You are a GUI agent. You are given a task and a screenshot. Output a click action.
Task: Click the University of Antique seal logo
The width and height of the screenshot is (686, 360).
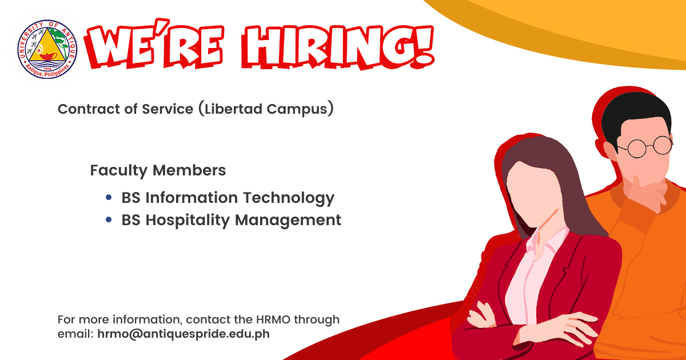(x=47, y=49)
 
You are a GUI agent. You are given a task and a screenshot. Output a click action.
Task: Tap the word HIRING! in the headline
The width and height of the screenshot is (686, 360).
(x=338, y=47)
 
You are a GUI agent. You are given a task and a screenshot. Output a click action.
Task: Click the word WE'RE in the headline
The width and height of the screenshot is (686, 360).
(x=154, y=44)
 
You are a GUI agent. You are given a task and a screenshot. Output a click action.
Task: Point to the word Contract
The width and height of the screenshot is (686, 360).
(x=87, y=109)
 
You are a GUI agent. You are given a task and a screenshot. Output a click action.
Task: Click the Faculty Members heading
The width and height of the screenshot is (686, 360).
(x=158, y=170)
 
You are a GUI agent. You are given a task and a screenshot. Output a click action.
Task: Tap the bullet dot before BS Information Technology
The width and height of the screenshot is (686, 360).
(x=109, y=198)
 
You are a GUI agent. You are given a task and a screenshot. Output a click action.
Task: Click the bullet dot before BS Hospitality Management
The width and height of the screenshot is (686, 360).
(x=109, y=219)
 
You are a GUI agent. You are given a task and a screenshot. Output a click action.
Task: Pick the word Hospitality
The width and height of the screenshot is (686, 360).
(x=188, y=221)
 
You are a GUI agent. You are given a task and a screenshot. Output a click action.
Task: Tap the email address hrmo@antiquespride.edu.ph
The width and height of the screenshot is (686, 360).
(x=184, y=334)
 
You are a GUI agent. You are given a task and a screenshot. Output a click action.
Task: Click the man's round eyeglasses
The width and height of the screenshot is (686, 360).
(x=645, y=147)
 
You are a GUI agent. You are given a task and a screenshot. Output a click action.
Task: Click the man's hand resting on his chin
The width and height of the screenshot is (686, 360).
(x=645, y=193)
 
